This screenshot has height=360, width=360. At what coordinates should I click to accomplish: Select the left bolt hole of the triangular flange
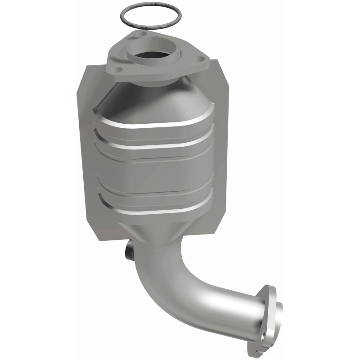click(x=118, y=70)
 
